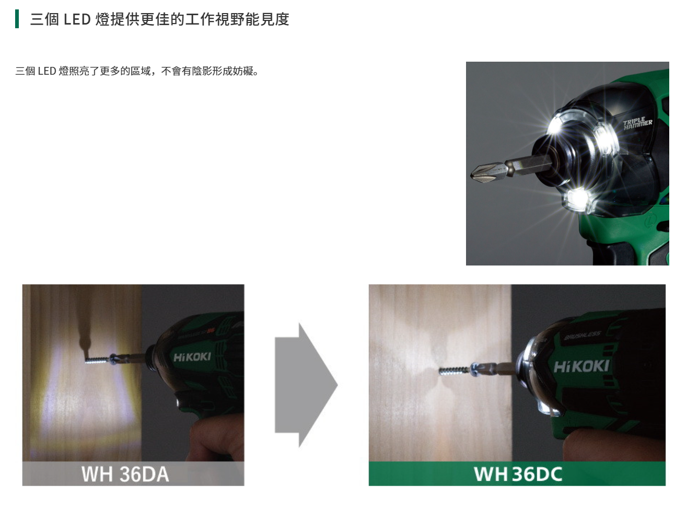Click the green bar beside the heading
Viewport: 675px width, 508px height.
click(17, 19)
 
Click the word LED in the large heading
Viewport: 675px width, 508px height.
click(77, 19)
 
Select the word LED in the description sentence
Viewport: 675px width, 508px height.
click(46, 71)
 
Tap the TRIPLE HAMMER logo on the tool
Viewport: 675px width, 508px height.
click(637, 123)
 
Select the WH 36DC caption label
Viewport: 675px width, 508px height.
click(517, 474)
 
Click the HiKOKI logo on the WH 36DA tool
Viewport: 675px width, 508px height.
click(192, 357)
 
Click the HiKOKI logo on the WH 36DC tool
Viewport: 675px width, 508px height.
click(581, 366)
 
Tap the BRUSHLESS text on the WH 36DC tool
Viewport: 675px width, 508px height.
click(582, 336)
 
